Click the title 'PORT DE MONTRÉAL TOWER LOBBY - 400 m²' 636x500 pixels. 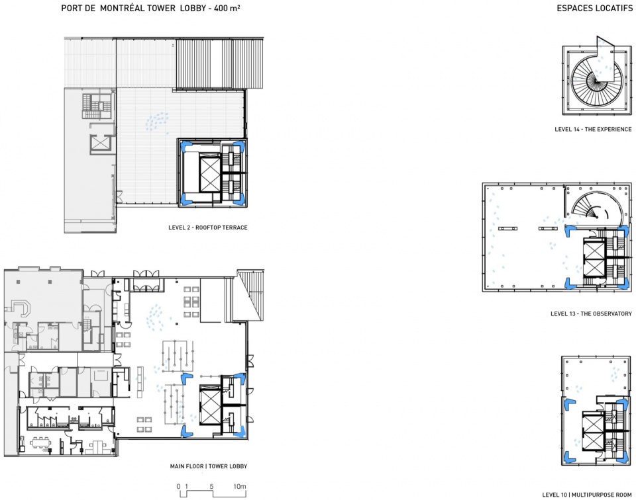coord(150,8)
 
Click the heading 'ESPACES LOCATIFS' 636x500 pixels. coord(595,8)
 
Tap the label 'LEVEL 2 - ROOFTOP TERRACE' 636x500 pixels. coord(207,228)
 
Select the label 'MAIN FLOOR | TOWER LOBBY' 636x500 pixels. coord(209,466)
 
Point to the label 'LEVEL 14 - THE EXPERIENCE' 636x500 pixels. coord(593,129)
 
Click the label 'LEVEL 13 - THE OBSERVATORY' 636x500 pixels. coord(591,313)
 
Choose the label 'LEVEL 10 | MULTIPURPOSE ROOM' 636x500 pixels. coord(587,495)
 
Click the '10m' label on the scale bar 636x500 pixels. coord(239,486)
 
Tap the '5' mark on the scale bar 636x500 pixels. coord(211,486)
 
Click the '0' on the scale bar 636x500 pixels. coord(178,486)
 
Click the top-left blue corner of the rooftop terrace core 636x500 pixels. coord(185,145)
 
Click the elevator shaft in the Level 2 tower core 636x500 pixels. coord(210,173)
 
